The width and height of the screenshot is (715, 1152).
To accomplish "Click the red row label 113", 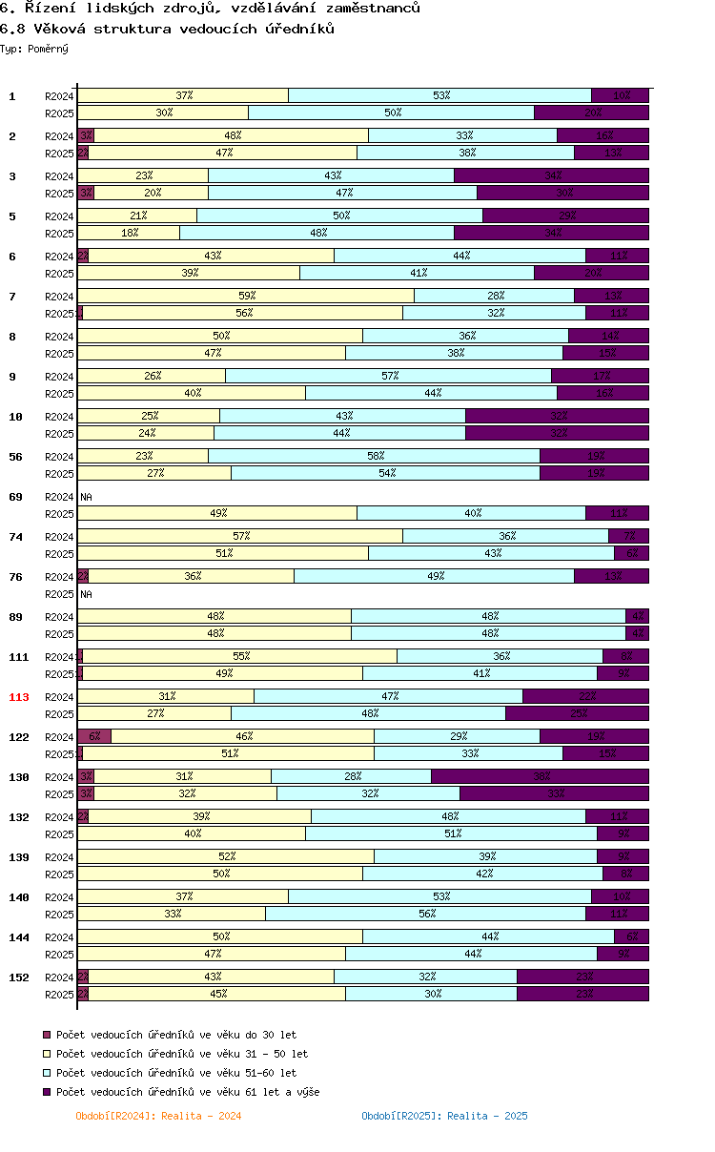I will [19, 697].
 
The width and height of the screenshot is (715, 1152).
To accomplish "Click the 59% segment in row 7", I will [246, 296].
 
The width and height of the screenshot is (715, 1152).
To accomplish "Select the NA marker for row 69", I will [86, 497].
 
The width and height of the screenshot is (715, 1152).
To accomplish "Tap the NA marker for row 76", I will [86, 594].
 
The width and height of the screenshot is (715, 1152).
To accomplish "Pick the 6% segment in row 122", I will [94, 736].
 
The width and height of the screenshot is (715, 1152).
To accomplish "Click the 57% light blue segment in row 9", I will [389, 376].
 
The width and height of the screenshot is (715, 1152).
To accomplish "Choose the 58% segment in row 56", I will [375, 456].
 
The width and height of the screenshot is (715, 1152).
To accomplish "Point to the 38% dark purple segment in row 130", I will [540, 776].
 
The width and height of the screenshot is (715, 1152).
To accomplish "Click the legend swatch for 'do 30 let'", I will [47, 1035].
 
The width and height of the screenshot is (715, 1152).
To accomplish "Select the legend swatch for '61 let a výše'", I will [47, 1092].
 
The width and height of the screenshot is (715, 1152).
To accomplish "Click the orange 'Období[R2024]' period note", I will [158, 1116].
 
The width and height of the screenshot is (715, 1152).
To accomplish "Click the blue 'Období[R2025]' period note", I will [444, 1116].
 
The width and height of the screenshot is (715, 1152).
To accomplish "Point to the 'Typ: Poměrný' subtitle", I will [34, 49].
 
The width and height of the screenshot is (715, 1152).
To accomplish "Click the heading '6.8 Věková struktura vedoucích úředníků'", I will [167, 29].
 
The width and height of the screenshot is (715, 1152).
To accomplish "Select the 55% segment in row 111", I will [240, 656].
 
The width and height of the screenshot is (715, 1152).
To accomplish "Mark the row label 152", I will [19, 977].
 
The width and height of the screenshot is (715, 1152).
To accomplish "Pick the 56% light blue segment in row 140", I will [426, 914].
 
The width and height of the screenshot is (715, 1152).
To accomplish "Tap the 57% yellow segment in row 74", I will [240, 536].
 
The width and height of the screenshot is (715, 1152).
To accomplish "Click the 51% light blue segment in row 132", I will [451, 833].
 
